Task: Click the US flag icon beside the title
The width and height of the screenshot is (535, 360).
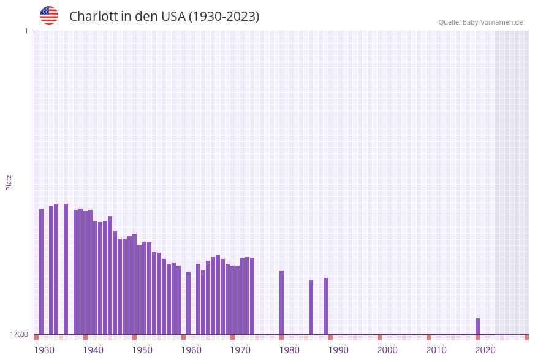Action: [49, 15]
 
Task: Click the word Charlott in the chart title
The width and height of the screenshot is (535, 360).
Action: [93, 17]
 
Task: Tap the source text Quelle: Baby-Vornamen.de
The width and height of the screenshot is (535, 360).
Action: [480, 22]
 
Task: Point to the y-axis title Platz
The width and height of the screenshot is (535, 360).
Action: [9, 182]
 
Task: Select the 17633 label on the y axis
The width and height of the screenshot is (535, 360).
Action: [19, 334]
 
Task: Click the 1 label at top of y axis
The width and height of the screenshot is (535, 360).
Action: [26, 31]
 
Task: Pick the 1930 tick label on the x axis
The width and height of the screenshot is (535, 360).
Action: [44, 350]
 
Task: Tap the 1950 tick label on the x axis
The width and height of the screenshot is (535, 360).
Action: [142, 350]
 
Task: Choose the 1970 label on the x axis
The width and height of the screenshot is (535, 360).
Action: [240, 350]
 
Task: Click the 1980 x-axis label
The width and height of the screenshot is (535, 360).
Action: [289, 350]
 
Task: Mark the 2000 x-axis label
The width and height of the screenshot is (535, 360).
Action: [387, 350]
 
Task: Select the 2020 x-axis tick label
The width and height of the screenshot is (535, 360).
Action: [485, 350]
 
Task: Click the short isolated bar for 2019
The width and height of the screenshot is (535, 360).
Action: [478, 326]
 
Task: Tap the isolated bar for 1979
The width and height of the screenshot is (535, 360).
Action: [282, 302]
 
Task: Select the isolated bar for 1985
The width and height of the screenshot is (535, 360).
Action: [311, 307]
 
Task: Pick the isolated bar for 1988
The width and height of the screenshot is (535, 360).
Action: [326, 306]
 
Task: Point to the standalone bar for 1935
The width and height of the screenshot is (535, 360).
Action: [66, 269]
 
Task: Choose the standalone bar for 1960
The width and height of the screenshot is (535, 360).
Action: [189, 303]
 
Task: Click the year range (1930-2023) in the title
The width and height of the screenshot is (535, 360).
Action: [224, 17]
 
